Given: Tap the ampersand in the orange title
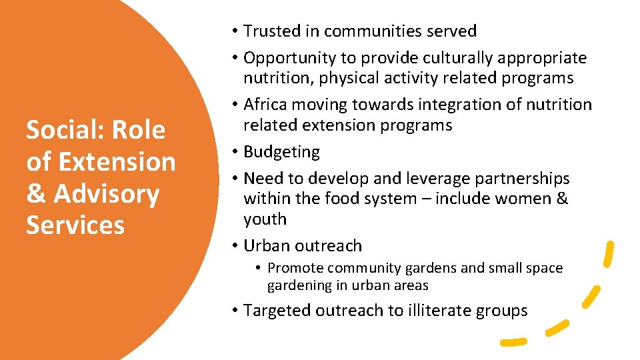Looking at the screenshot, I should [36, 194].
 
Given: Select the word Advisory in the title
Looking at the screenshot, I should [107, 194].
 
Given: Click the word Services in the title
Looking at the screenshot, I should [75, 226].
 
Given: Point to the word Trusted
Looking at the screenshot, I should [272, 31].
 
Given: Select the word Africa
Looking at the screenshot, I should [265, 105].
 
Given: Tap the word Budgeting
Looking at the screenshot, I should [281, 152].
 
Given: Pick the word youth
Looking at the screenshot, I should [265, 219].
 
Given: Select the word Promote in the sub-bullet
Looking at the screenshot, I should [295, 268].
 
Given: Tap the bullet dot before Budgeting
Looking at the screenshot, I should [236, 152].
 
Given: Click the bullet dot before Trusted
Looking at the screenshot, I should [236, 31].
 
